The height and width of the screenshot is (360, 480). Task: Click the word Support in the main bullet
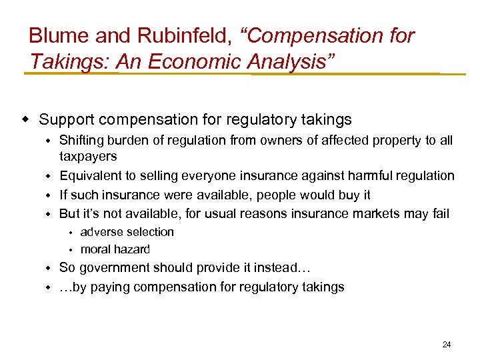coord(65,120)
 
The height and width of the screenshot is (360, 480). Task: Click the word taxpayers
coord(88,156)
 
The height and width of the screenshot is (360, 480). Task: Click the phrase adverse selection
coord(127,232)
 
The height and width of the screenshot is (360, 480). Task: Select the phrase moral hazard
coord(115,249)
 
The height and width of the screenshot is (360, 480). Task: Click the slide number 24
coord(447,345)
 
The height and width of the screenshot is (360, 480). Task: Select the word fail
coord(440,214)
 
